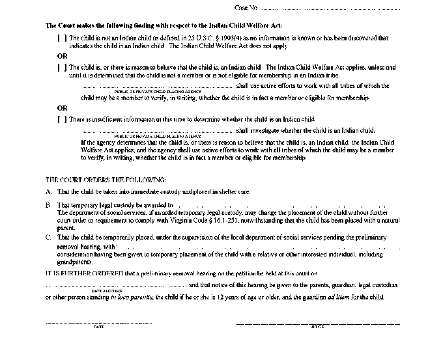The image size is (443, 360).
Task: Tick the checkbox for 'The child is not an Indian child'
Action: pyautogui.click(x=62, y=39)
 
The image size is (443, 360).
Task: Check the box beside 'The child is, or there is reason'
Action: pyautogui.click(x=62, y=68)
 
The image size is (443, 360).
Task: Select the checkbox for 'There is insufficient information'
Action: pyautogui.click(x=62, y=120)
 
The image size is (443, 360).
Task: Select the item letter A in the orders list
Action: pyautogui.click(x=48, y=192)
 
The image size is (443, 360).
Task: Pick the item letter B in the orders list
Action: pyautogui.click(x=48, y=205)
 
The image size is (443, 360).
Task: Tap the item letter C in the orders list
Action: pyautogui.click(x=48, y=238)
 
